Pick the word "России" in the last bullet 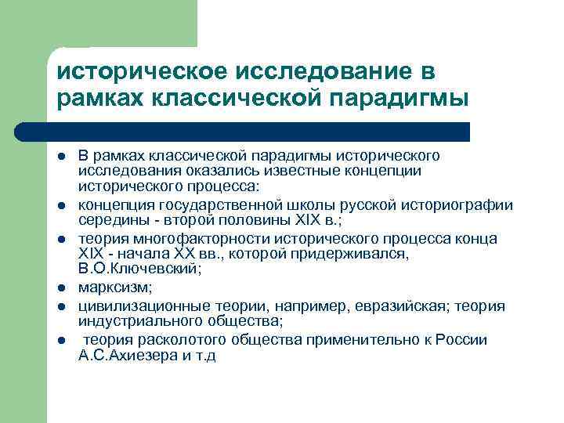tap(465, 339)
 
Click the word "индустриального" tap(128, 322)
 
